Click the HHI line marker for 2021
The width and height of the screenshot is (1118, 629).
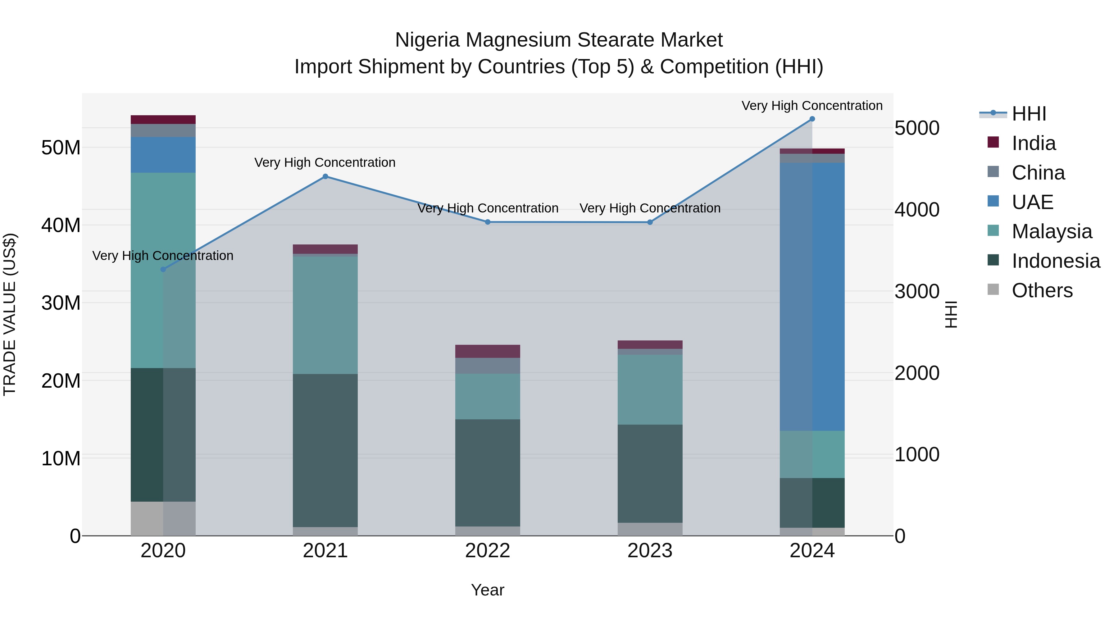coord(325,176)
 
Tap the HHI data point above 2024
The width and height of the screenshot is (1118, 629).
coord(812,119)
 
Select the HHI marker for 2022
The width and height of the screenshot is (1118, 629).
coord(487,222)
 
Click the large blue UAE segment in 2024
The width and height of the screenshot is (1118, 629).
coord(812,297)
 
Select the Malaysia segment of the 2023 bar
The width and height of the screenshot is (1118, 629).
coord(650,390)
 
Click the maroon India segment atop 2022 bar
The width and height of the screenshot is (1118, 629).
coord(487,351)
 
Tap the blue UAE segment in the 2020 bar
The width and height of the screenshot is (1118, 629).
coord(163,155)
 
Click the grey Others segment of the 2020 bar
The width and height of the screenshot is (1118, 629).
coord(163,518)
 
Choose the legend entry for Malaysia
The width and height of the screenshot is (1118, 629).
coord(1051,231)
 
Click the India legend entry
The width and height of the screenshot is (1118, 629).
coord(1033,143)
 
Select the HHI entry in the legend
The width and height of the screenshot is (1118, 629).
coord(1029,114)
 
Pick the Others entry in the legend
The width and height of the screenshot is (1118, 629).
coord(1042,290)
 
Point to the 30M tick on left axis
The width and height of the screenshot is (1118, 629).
coord(61,303)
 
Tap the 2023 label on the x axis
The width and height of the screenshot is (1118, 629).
coord(650,551)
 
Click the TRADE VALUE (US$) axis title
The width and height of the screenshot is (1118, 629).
coord(10,314)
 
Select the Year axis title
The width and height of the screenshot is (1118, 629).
coord(487,590)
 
